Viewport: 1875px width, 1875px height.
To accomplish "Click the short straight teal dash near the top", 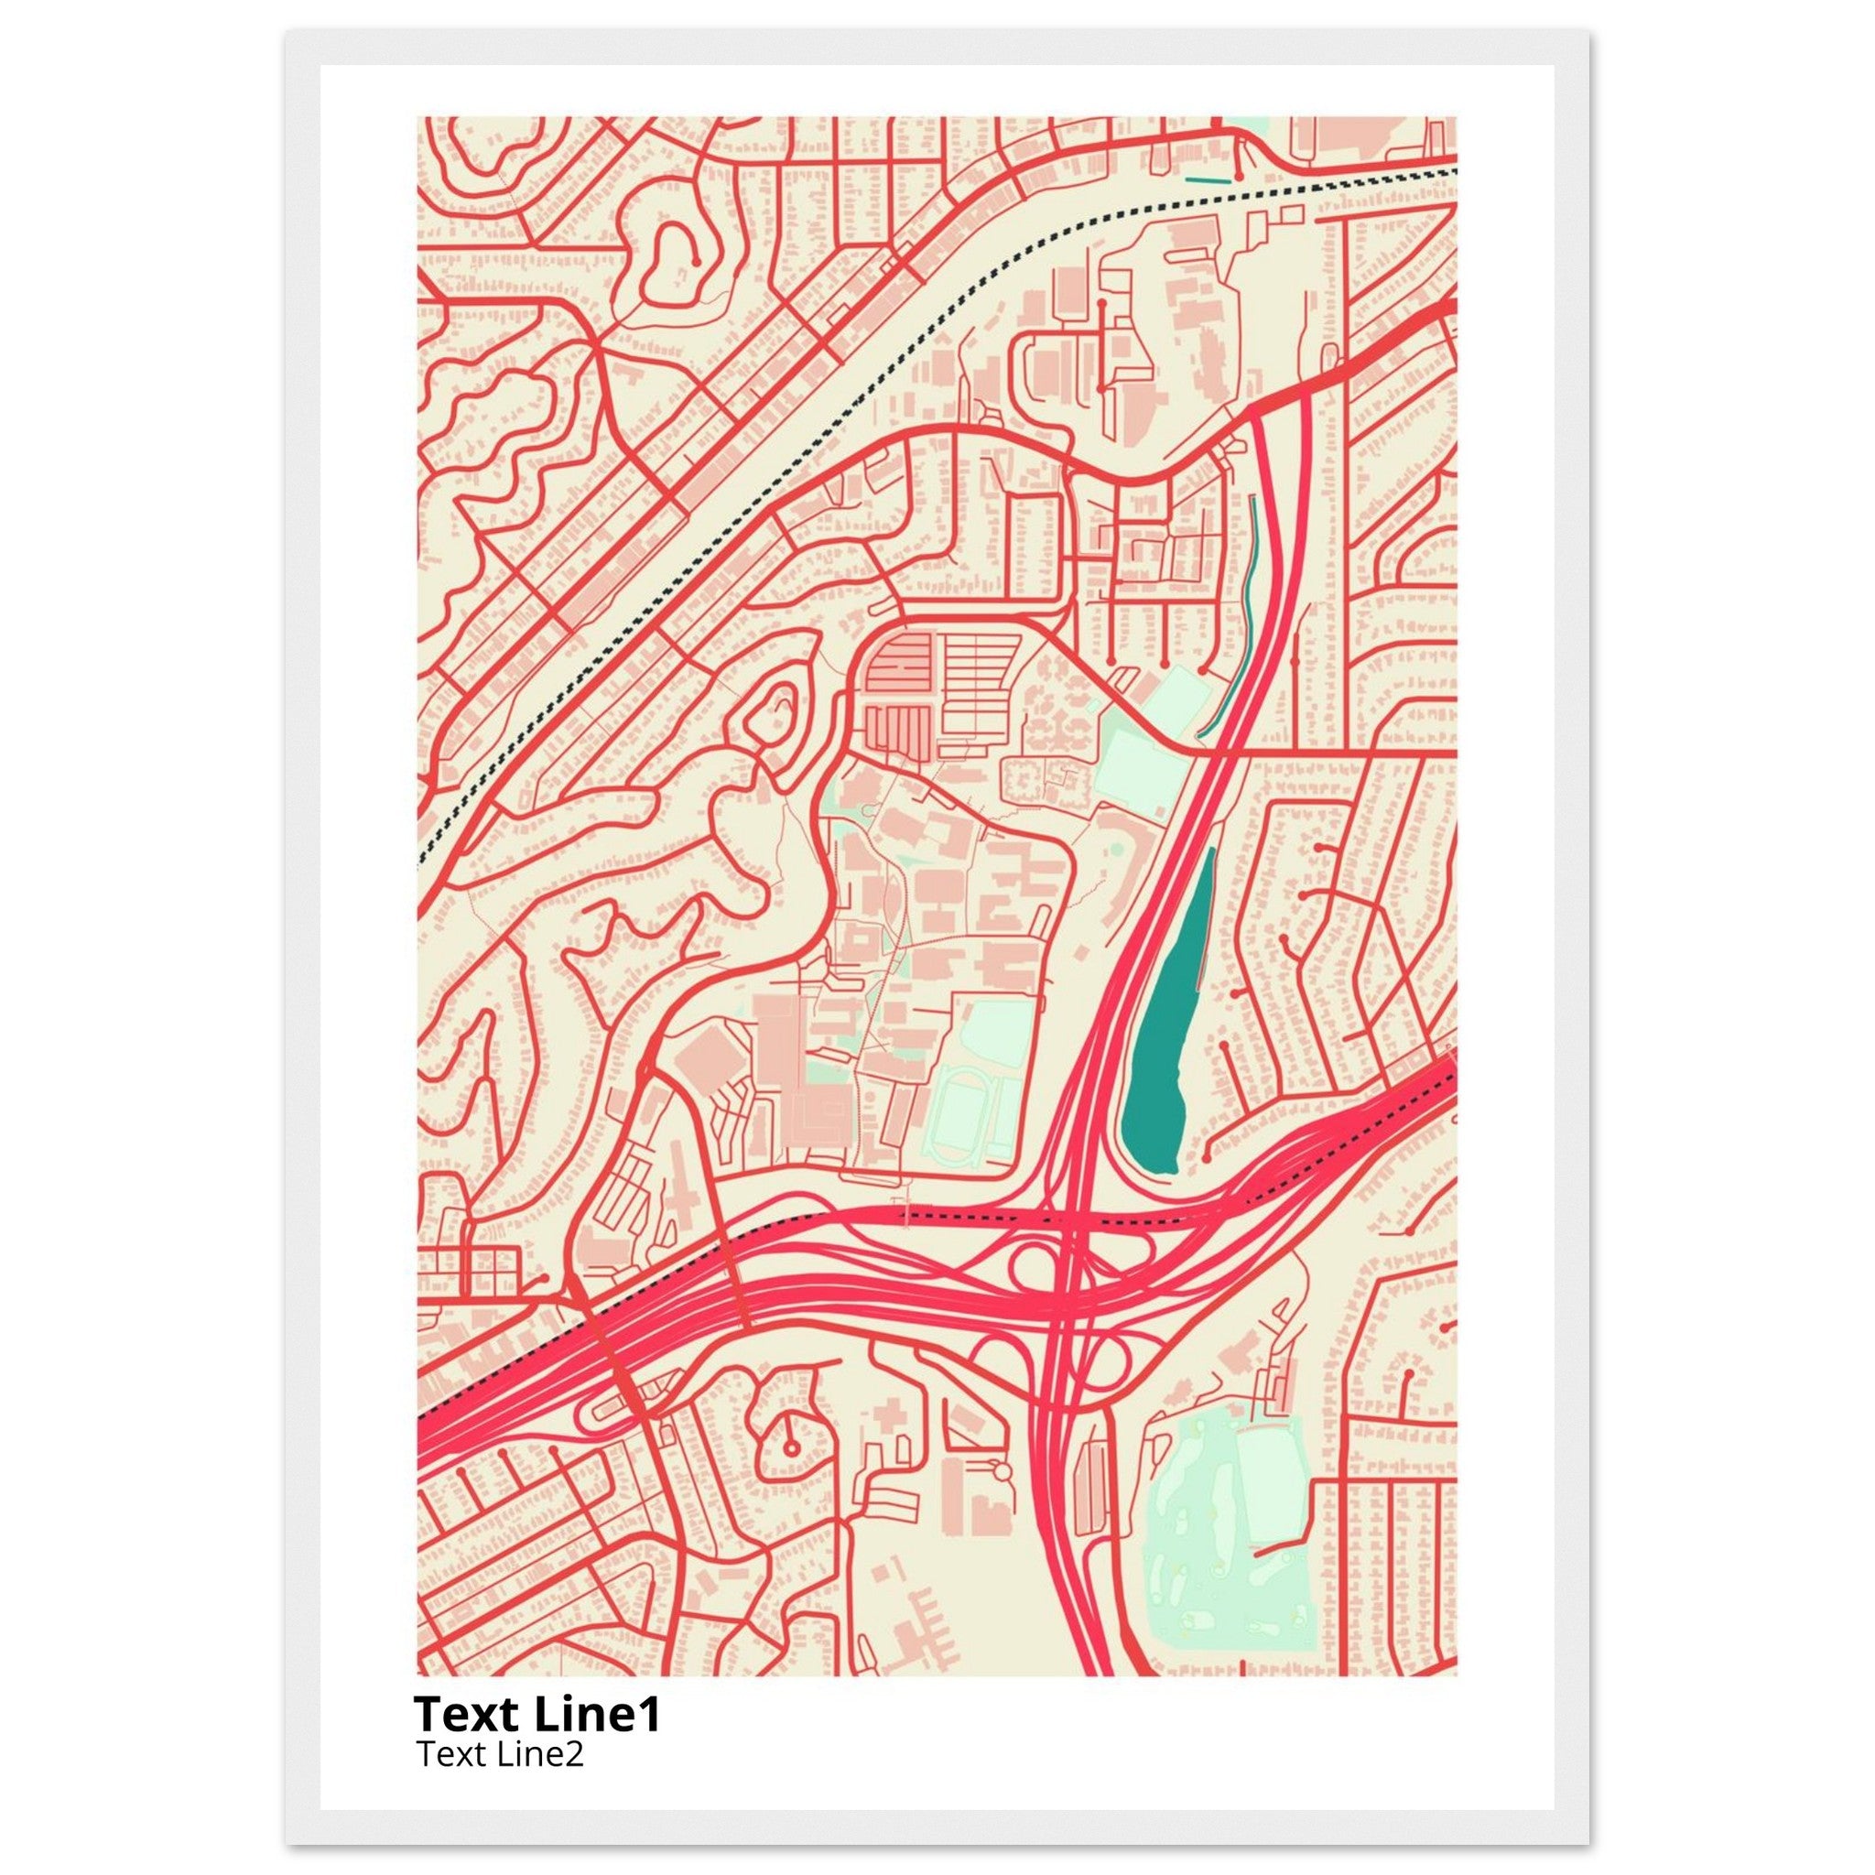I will point(1208,179).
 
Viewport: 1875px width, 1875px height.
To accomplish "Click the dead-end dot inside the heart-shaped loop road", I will point(696,261).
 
